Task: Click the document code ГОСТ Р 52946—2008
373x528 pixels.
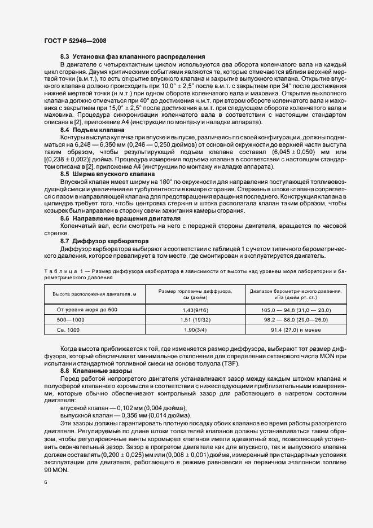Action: click(74, 40)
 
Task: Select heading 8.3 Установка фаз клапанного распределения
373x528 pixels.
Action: click(132, 58)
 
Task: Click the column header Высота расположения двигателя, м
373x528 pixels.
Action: click(94, 294)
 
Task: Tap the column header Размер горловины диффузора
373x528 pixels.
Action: click(195, 294)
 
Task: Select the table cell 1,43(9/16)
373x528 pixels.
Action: click(195, 310)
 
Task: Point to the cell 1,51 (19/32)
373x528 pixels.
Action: click(195, 319)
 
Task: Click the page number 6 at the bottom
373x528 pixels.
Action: click(46, 482)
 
